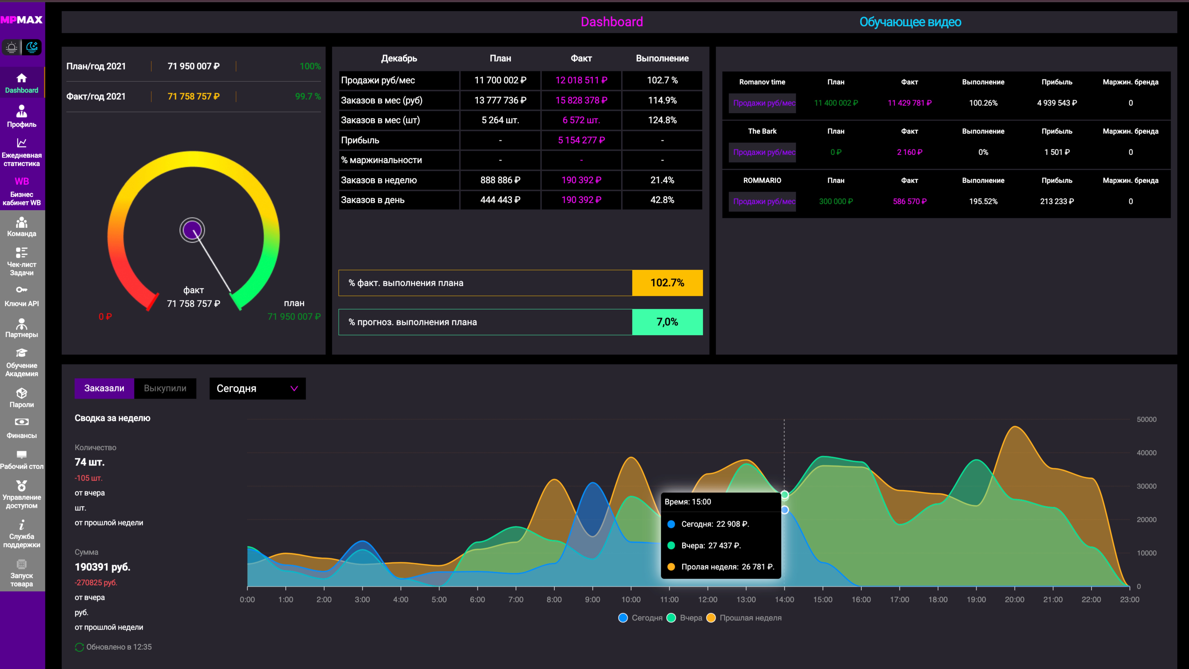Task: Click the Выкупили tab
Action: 165,388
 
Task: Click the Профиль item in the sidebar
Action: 22,116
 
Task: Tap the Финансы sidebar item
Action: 22,428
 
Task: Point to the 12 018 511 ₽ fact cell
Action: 581,80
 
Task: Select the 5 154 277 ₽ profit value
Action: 581,140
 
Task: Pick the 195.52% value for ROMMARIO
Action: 983,201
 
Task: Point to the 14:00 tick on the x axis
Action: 784,599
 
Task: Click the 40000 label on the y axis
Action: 1146,453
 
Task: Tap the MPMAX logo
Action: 22,20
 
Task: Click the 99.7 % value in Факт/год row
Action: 308,96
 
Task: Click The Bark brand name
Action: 762,131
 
